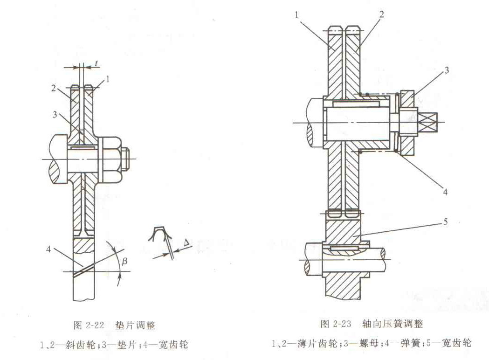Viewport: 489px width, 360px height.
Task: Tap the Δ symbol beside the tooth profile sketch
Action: click(186, 242)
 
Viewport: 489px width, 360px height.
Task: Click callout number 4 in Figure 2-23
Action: click(445, 191)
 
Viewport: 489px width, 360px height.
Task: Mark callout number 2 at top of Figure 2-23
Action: click(381, 14)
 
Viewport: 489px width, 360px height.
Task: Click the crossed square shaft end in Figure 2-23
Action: click(429, 122)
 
